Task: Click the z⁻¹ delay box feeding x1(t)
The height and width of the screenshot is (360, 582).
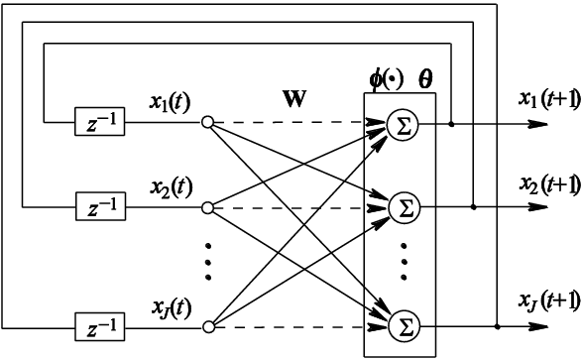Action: [99, 124]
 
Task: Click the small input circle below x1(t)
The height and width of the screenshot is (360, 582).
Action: [207, 124]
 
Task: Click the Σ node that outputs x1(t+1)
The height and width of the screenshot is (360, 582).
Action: [402, 125]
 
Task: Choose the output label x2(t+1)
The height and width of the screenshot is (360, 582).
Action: [548, 186]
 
